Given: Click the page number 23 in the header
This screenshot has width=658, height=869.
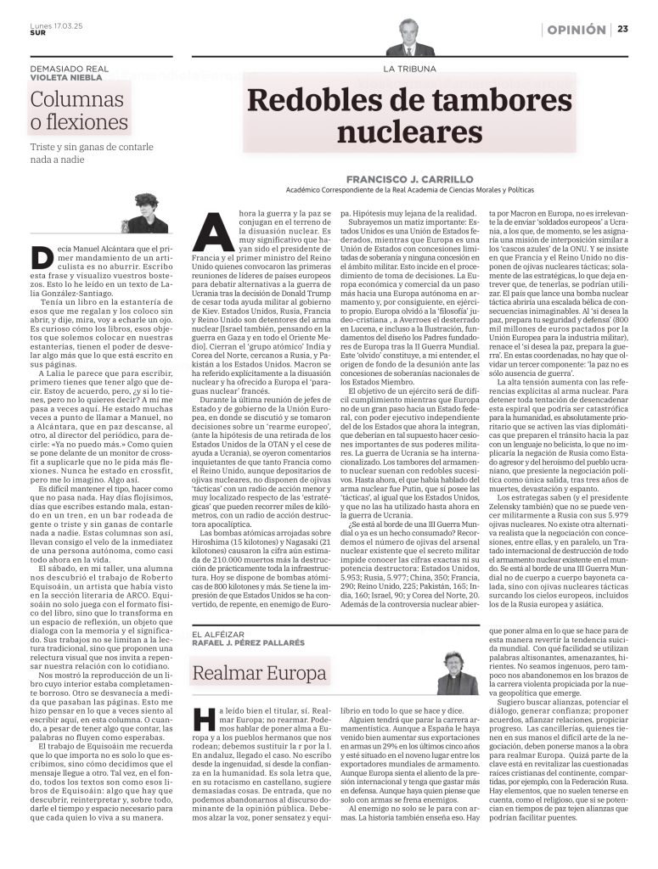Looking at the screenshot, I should (x=621, y=30).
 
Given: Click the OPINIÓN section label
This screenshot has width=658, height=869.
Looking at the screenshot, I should (x=576, y=30).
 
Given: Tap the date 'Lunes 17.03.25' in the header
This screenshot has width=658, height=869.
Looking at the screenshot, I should (x=53, y=25).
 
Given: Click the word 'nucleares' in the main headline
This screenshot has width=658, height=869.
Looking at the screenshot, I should (x=396, y=132).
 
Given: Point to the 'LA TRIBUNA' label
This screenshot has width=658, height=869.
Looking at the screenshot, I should (x=409, y=67).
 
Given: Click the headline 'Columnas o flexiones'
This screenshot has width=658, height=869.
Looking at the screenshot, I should (x=79, y=110).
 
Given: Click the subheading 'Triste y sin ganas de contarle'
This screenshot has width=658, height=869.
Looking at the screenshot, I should (x=87, y=147).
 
